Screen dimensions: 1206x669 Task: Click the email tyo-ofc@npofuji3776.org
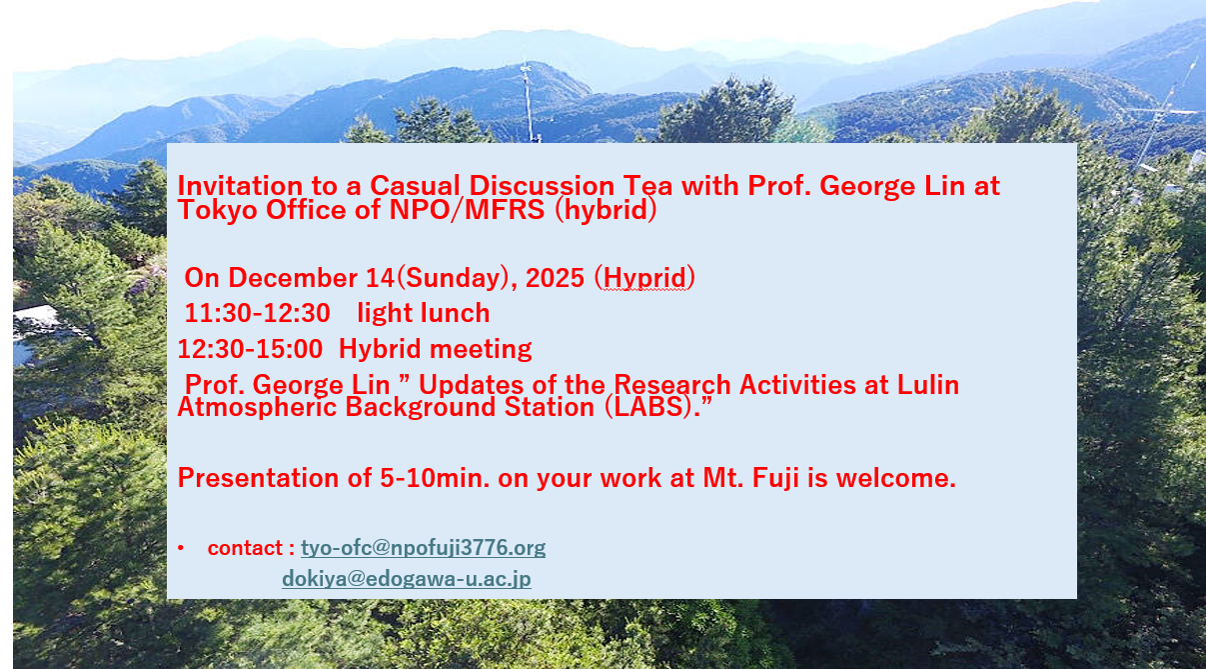(x=424, y=548)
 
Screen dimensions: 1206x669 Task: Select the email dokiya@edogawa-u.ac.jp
(x=407, y=579)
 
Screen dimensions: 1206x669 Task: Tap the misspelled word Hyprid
(x=645, y=278)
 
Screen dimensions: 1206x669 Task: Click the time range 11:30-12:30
(x=258, y=313)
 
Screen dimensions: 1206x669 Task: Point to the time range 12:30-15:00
(x=250, y=349)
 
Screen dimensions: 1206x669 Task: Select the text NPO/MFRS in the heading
(x=467, y=210)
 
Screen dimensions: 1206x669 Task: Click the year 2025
(x=555, y=278)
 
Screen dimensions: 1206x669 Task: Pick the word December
(x=294, y=278)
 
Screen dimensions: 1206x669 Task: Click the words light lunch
(x=424, y=313)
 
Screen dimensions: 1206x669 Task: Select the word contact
(x=245, y=548)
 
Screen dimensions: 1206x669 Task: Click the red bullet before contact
(x=181, y=548)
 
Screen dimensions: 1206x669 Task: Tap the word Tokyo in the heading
(x=218, y=210)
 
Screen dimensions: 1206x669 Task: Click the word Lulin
(x=927, y=385)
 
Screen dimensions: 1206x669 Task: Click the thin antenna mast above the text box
(x=529, y=102)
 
